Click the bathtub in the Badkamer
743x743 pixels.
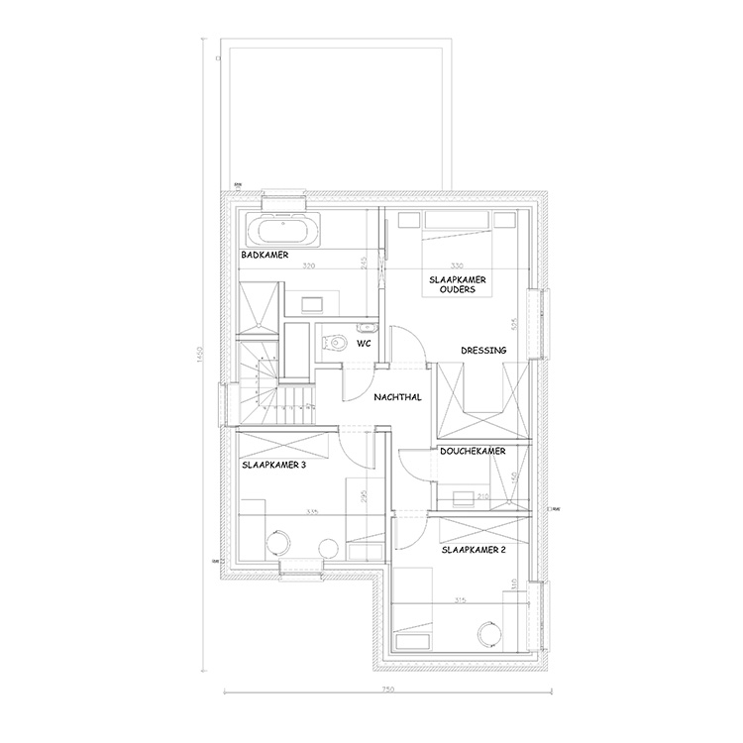(283, 232)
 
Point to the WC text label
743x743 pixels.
(365, 346)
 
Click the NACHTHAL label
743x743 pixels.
(398, 398)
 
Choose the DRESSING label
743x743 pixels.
(483, 350)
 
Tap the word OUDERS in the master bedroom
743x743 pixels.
(458, 290)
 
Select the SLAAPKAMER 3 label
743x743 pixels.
(273, 463)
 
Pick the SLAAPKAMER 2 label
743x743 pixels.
(475, 547)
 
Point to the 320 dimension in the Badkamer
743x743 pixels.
(308, 266)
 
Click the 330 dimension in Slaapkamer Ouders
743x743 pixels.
(457, 266)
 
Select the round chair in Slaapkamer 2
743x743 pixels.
(487, 631)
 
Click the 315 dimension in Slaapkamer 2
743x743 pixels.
(459, 599)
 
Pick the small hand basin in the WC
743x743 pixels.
(368, 326)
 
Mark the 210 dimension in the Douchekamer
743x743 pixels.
(483, 496)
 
